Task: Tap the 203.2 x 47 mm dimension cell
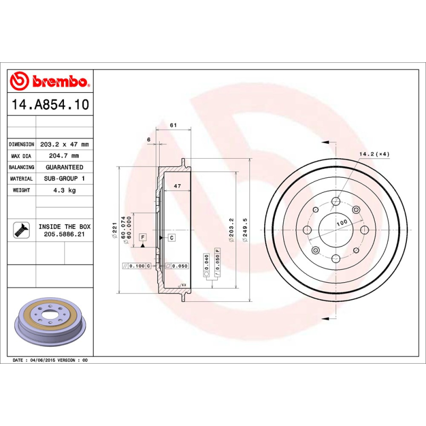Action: click(64, 144)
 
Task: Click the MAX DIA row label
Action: click(22, 156)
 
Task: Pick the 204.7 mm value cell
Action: click(64, 156)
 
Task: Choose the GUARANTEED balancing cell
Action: click(64, 167)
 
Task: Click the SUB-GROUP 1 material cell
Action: click(64, 179)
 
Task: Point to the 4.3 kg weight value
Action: click(64, 190)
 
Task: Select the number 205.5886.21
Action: click(64, 234)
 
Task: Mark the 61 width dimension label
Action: click(173, 125)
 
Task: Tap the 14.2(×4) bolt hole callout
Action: click(374, 154)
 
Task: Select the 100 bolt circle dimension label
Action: click(341, 222)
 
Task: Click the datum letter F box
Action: click(143, 236)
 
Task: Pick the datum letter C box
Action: click(172, 237)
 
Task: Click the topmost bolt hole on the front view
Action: click(335, 201)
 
